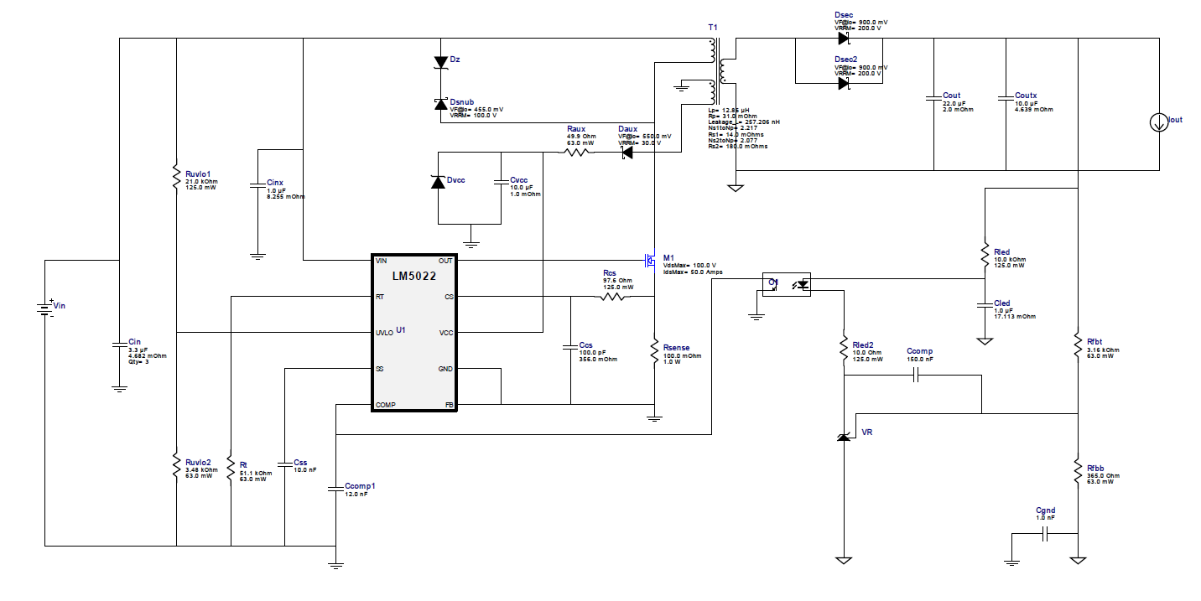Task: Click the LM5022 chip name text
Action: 414,276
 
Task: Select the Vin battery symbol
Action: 44,309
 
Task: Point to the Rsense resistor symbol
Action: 654,352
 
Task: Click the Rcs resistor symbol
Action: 613,297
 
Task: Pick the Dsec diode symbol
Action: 844,38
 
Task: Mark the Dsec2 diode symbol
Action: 844,83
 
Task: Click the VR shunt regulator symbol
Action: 844,436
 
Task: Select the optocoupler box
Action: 786,284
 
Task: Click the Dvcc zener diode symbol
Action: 438,181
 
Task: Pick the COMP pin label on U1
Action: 387,405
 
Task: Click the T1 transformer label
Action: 713,28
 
